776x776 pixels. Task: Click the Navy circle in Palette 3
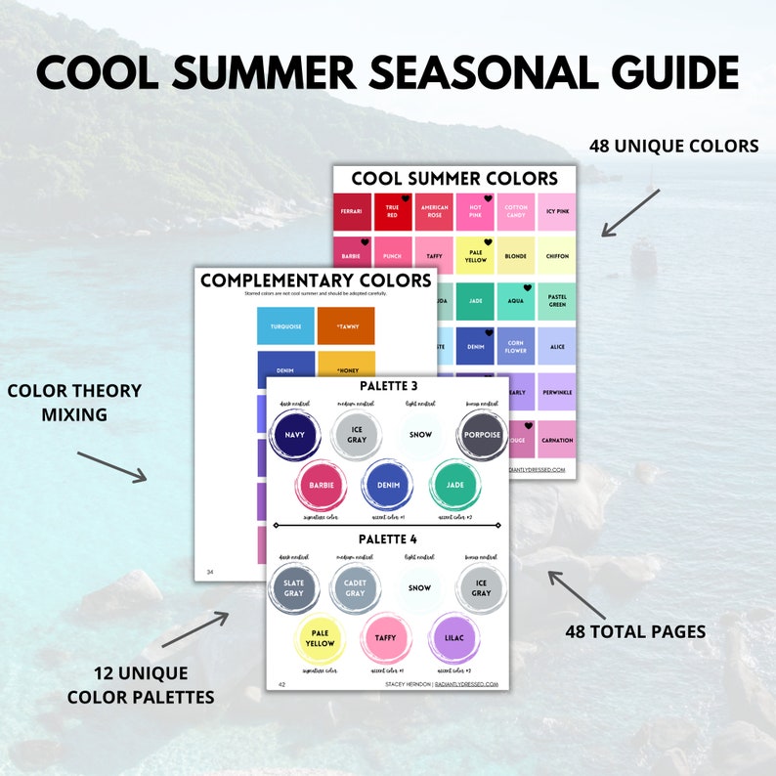point(295,434)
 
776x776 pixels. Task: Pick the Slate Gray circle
point(294,588)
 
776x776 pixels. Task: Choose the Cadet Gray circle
point(356,588)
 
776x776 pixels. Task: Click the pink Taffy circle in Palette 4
point(386,637)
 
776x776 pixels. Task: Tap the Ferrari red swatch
point(351,212)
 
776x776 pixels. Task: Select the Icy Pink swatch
point(556,212)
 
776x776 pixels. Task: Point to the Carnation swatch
point(556,440)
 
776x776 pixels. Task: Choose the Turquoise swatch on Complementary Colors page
point(285,325)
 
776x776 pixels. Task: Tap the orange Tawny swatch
point(346,325)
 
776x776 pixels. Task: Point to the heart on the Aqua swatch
point(527,288)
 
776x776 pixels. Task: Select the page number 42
point(281,684)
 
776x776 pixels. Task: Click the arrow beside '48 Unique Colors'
point(630,212)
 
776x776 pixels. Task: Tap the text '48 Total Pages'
point(635,631)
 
